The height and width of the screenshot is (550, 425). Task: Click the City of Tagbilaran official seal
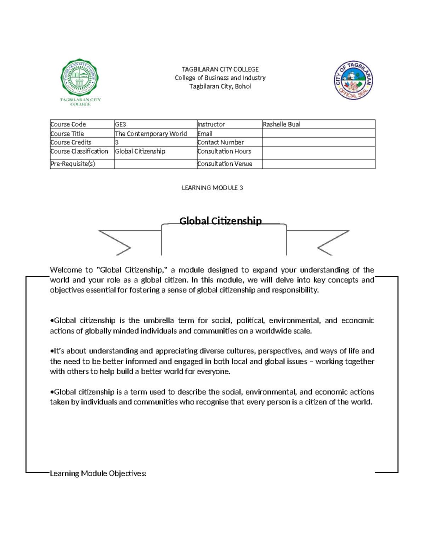tap(353, 80)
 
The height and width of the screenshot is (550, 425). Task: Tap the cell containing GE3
tap(121, 124)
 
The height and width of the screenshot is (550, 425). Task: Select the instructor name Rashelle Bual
tap(282, 124)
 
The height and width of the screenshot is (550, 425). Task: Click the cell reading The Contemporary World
tap(151, 134)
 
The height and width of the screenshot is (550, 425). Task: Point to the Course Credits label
tap(71, 142)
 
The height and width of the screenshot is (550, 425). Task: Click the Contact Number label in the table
tap(221, 142)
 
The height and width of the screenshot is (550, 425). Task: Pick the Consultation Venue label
tap(225, 164)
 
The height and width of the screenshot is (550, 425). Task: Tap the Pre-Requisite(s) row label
tap(73, 164)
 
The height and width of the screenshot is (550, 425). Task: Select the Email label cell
tap(205, 134)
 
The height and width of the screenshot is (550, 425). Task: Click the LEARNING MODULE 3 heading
tap(212, 188)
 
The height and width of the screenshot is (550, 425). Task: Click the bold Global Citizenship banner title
tap(220, 221)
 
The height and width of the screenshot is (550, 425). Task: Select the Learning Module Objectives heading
tap(98, 474)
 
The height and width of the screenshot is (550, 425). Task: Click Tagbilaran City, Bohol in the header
tap(220, 86)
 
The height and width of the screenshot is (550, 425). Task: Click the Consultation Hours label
tap(224, 151)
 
